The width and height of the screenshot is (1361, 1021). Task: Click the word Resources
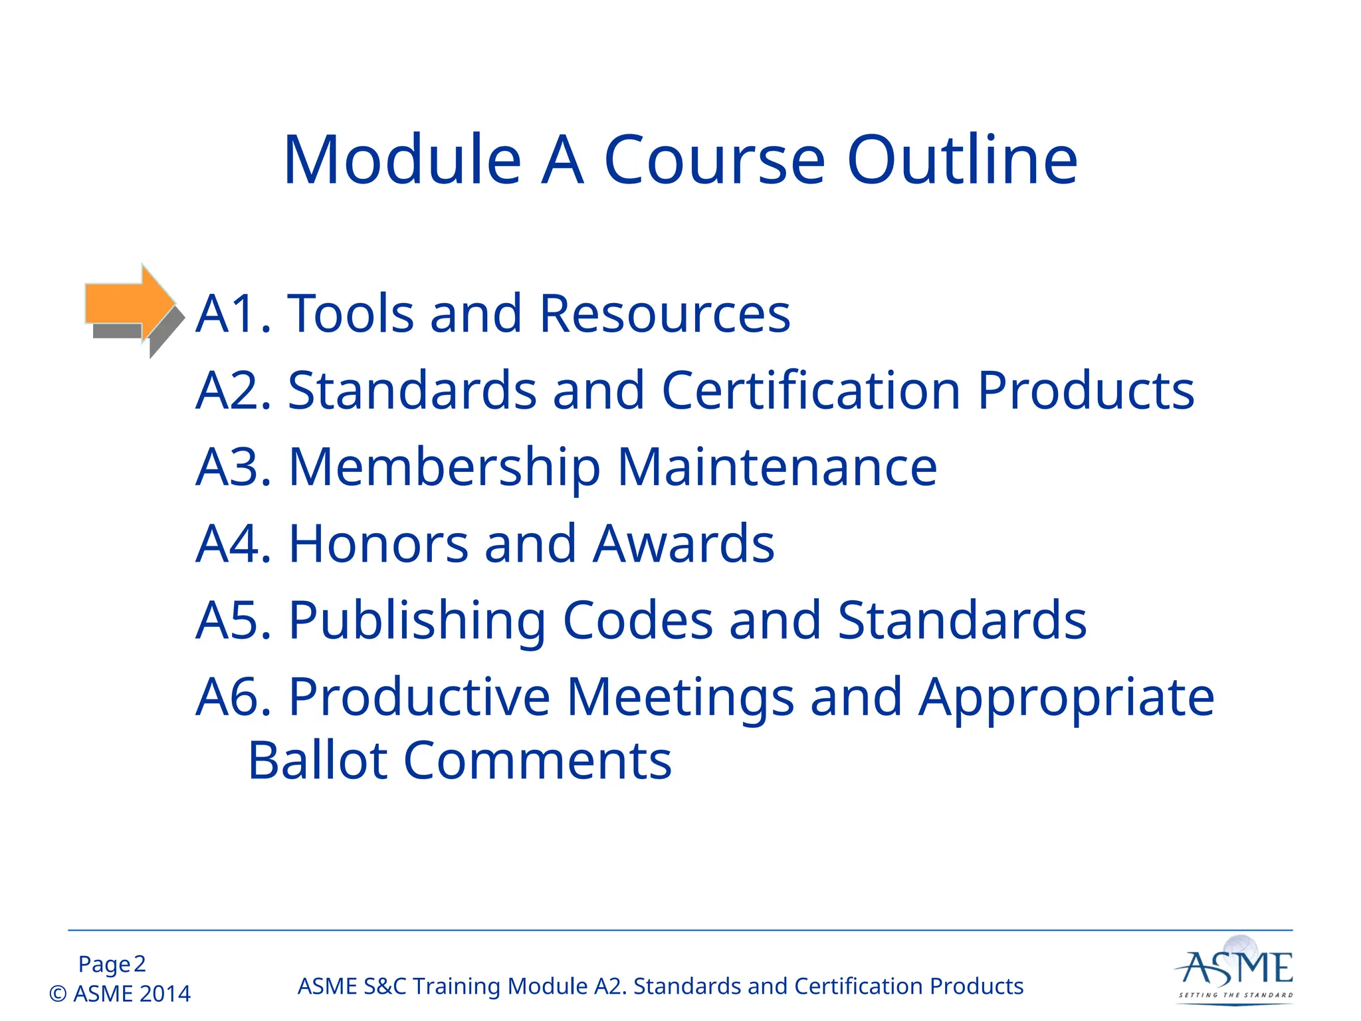(x=665, y=314)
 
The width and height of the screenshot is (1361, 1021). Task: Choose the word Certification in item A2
(x=811, y=390)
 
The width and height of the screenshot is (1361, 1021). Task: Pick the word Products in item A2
(x=1086, y=390)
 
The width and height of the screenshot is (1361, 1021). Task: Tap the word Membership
(x=445, y=467)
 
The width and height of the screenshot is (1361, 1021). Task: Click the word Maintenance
(x=777, y=467)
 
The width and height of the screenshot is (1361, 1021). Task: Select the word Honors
(x=378, y=544)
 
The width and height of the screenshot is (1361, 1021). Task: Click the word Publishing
(x=417, y=621)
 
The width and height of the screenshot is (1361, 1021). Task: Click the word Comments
(x=538, y=760)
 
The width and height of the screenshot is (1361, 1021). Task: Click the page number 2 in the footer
(x=140, y=964)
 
